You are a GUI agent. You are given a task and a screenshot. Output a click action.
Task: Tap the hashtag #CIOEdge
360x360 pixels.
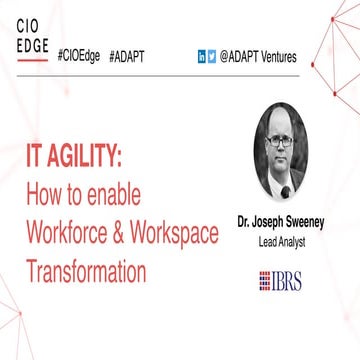tap(79, 57)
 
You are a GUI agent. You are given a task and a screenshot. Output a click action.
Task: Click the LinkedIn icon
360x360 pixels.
tap(202, 58)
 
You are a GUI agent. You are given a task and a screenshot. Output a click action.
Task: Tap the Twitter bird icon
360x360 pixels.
tap(212, 58)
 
